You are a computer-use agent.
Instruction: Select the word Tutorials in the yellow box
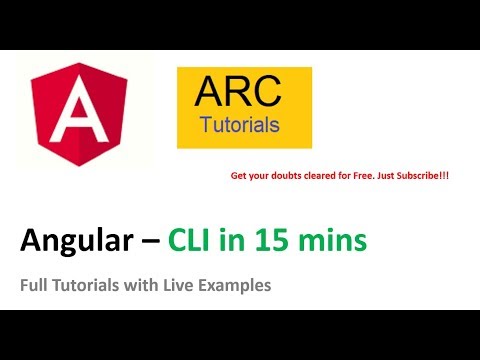click(240, 126)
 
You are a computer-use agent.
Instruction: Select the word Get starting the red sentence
click(239, 176)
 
